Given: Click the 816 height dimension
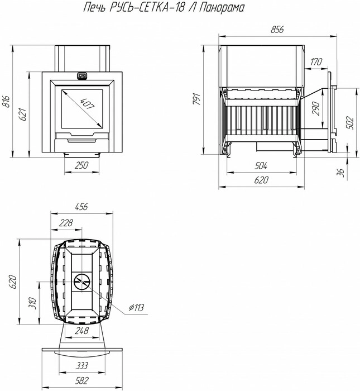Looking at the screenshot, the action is (7, 101).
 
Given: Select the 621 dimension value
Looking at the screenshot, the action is (23, 115).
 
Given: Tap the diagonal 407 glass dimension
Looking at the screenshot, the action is (87, 104).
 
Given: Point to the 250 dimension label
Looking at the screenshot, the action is (81, 165).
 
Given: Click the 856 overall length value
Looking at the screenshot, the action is (277, 30).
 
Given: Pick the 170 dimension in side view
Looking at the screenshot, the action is (316, 61).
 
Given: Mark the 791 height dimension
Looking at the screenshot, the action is (197, 99).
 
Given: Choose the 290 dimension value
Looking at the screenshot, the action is (316, 108).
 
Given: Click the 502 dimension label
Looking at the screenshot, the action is (350, 123).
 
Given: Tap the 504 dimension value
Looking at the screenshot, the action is (261, 165).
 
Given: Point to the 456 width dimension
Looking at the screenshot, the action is (81, 207).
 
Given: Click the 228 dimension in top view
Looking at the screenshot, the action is (66, 223).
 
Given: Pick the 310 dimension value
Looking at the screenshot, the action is (32, 303).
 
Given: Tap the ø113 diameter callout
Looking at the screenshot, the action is (137, 308).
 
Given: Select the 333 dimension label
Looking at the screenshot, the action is (81, 366).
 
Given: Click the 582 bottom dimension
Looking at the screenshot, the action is (81, 381).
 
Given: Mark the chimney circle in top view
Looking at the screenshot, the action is (81, 282).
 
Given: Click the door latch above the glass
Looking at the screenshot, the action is (81, 75).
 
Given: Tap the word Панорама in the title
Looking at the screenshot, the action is (222, 7).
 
